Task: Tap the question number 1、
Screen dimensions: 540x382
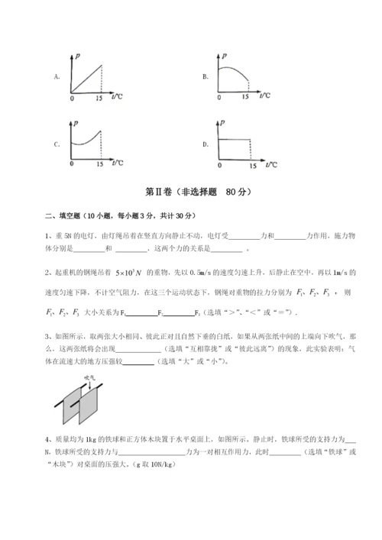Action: pos(49,234)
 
